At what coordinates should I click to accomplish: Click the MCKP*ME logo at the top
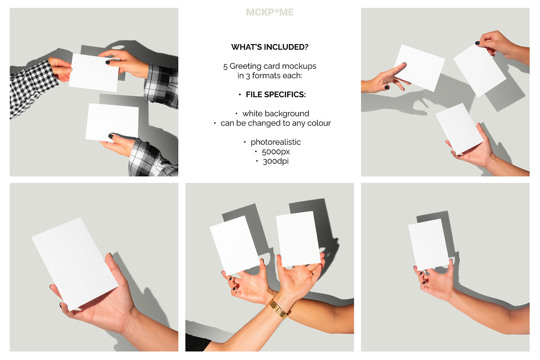pos(270,12)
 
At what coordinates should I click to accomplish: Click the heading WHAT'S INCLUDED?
pos(270,47)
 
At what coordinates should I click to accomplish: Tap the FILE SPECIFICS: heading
pos(275,94)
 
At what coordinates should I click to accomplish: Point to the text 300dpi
pos(275,161)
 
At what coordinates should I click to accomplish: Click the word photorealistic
pos(275,142)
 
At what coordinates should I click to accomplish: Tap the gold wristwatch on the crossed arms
pos(278,309)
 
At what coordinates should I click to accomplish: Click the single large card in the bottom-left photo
pos(75,264)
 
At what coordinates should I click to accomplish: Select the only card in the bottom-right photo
pos(428,244)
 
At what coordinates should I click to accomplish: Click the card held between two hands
pos(94,72)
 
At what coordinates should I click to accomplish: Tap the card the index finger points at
pos(419,68)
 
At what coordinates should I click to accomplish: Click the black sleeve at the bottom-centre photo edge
pos(197,342)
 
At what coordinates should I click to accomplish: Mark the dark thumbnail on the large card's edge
pos(111,255)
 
